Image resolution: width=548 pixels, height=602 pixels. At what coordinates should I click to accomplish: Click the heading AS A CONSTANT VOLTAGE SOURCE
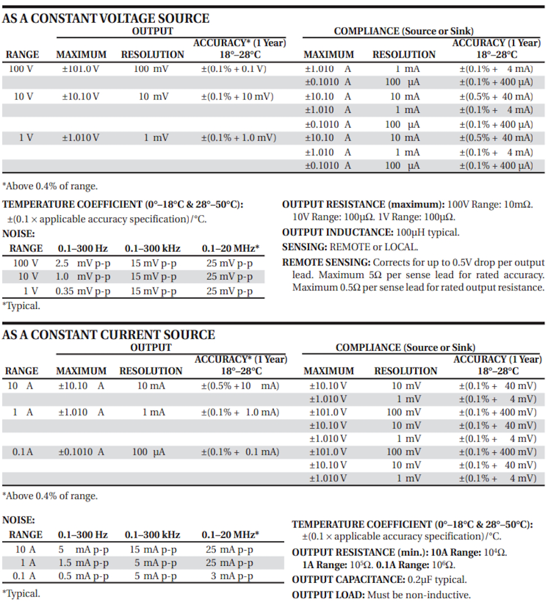[x=106, y=18]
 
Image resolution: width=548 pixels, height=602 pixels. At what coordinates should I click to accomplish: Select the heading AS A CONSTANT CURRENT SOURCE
[x=108, y=334]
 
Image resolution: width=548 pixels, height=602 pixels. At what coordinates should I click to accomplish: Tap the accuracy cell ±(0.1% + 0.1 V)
[x=234, y=68]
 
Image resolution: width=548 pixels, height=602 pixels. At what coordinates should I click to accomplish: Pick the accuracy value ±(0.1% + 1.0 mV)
[x=238, y=138]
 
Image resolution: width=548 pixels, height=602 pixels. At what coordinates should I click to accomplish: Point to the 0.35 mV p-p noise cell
[x=82, y=291]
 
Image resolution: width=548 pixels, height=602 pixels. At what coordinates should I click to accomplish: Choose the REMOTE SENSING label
[x=326, y=263]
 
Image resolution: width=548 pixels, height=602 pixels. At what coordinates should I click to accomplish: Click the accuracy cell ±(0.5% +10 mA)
[x=240, y=386]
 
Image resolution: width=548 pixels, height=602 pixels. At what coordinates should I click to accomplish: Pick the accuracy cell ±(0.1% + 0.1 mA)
[x=240, y=452]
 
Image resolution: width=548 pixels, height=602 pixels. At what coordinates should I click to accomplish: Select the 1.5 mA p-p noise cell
[x=83, y=562]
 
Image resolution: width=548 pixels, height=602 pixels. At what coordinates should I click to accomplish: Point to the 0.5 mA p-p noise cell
[x=83, y=576]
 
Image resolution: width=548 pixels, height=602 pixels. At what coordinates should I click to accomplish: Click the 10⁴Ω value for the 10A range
[x=495, y=552]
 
